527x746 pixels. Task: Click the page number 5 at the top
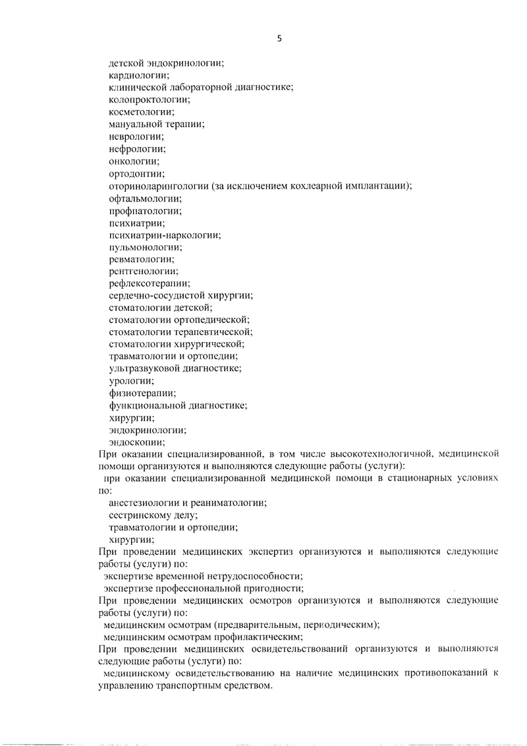click(x=279, y=39)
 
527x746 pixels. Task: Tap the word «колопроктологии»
click(x=149, y=100)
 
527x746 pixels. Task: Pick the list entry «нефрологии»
click(x=137, y=149)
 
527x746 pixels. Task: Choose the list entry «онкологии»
click(x=134, y=161)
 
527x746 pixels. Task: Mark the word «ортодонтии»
click(x=136, y=174)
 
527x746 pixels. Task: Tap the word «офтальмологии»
click(x=145, y=198)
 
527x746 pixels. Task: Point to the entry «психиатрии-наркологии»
click(x=165, y=235)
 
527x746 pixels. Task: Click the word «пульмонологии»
click(x=145, y=248)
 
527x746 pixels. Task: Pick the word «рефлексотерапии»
click(x=148, y=285)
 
